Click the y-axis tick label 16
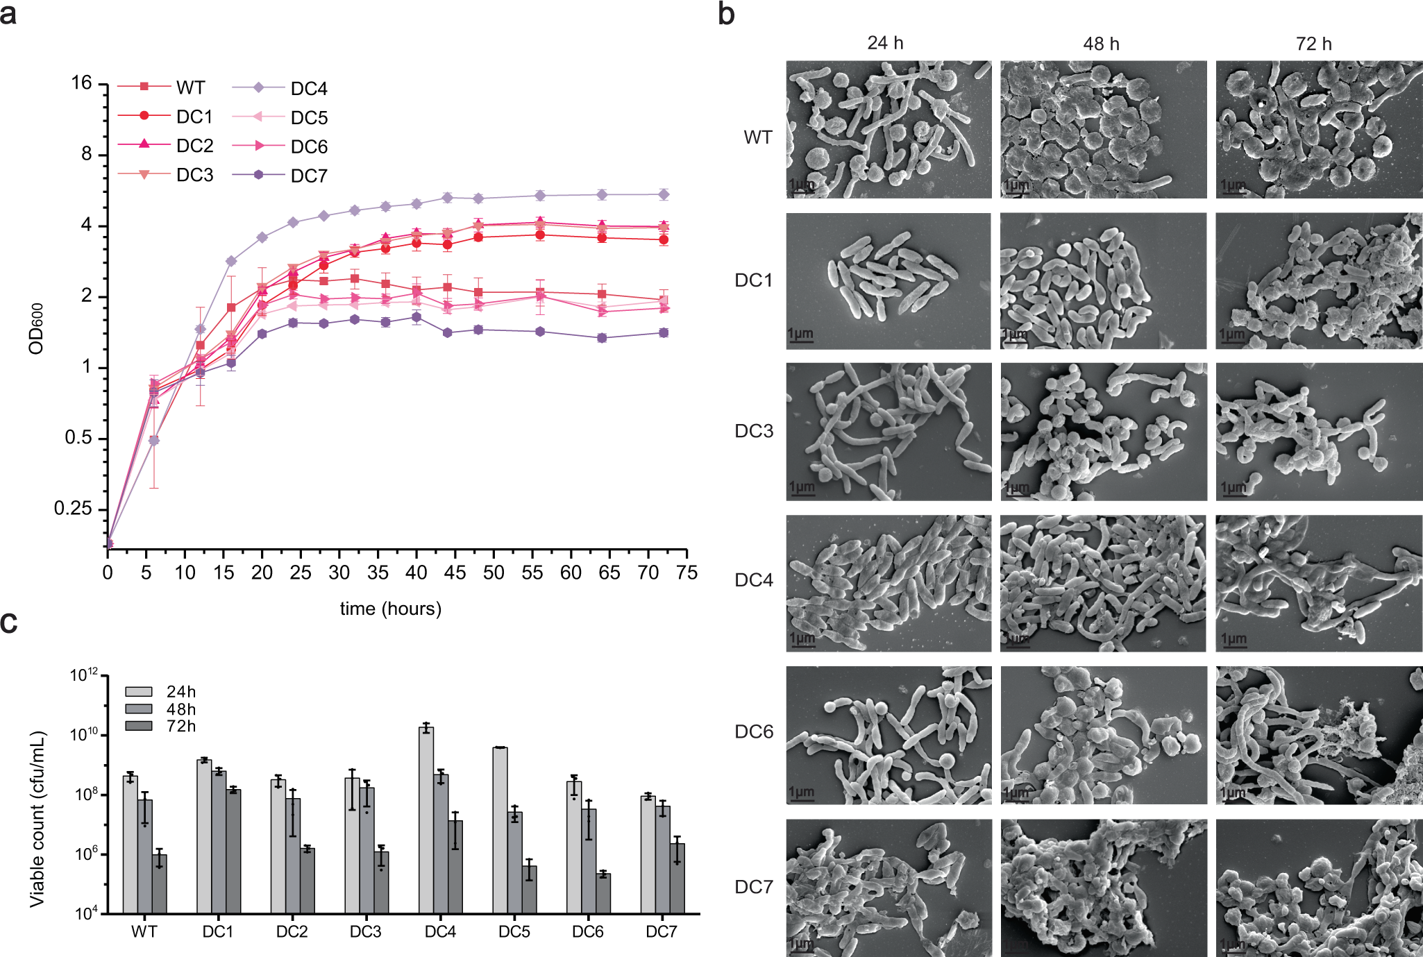[x=81, y=83]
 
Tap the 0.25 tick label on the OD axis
[x=73, y=509]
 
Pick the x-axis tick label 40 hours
[x=416, y=573]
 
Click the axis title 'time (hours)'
[x=390, y=609]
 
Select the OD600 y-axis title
[x=36, y=328]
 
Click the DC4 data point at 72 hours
[x=664, y=194]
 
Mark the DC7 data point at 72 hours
[x=664, y=333]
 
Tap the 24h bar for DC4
[x=426, y=819]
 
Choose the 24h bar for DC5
[x=500, y=829]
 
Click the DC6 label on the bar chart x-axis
[x=587, y=931]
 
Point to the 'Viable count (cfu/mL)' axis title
[x=37, y=819]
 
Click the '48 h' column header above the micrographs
[x=1101, y=44]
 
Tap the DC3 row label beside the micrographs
[x=753, y=431]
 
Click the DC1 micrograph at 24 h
[x=888, y=280]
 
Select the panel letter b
[x=726, y=14]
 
